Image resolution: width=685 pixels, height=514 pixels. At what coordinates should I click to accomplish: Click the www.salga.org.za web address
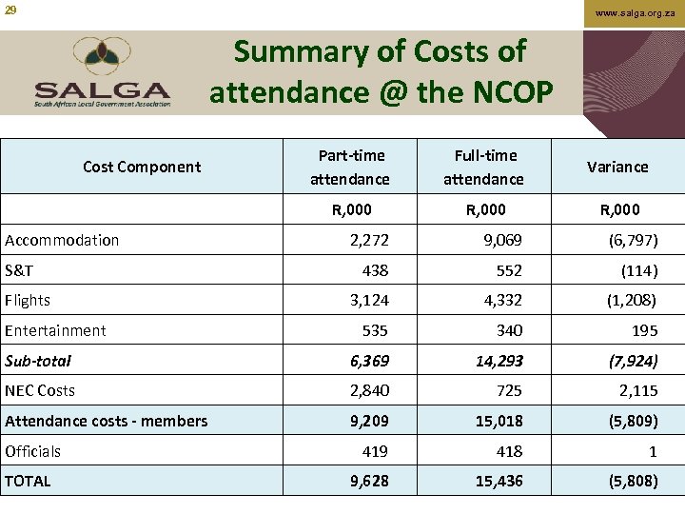tap(636, 13)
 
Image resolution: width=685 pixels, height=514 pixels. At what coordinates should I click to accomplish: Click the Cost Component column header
tap(142, 167)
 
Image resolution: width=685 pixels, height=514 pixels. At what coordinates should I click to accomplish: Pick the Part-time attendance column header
tap(350, 167)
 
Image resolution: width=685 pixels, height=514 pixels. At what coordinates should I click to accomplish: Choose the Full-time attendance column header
tap(483, 167)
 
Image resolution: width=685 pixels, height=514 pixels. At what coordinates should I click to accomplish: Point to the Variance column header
tap(617, 167)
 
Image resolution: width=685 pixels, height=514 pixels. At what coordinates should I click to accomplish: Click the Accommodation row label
tap(62, 240)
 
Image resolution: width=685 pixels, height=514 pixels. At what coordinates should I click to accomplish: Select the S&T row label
tap(19, 270)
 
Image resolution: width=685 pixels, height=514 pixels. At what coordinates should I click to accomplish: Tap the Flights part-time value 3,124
tap(369, 301)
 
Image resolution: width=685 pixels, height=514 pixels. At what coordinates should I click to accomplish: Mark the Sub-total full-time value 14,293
tap(499, 361)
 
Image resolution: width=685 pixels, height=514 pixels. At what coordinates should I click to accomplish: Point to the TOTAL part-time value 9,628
tap(369, 481)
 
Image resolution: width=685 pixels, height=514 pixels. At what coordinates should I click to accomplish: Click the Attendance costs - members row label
tap(106, 421)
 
